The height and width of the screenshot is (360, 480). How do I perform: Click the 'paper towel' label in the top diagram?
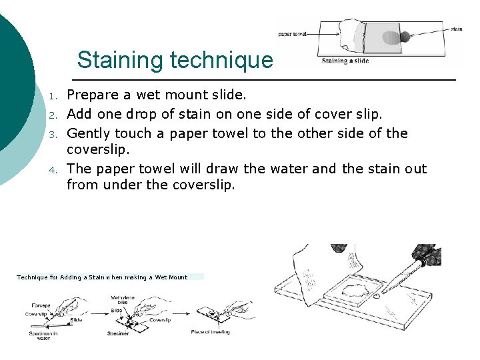point(293,34)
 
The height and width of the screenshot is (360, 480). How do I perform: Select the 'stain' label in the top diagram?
point(456,29)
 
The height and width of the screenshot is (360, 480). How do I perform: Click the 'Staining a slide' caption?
point(345,61)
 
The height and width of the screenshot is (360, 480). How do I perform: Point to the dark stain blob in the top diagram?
point(405,37)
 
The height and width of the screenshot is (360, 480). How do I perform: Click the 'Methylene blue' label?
point(122,301)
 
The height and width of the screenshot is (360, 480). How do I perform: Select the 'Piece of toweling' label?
point(210,331)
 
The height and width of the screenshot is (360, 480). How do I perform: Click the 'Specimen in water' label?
point(43,335)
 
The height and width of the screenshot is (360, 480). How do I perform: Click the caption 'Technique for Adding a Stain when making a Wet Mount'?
point(102,277)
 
